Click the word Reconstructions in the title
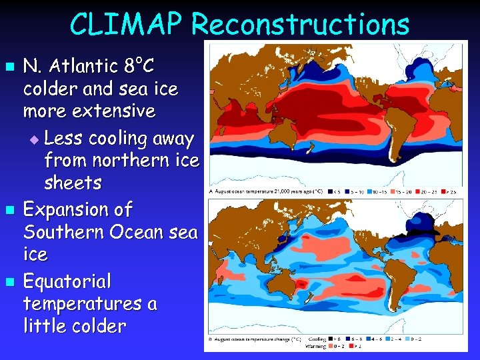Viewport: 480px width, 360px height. [x=299, y=25]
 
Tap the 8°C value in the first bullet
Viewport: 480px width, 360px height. [x=139, y=67]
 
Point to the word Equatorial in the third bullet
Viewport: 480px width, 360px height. [x=67, y=281]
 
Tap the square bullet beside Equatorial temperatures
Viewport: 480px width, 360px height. [x=9, y=282]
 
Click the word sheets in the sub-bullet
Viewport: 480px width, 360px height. [x=73, y=182]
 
